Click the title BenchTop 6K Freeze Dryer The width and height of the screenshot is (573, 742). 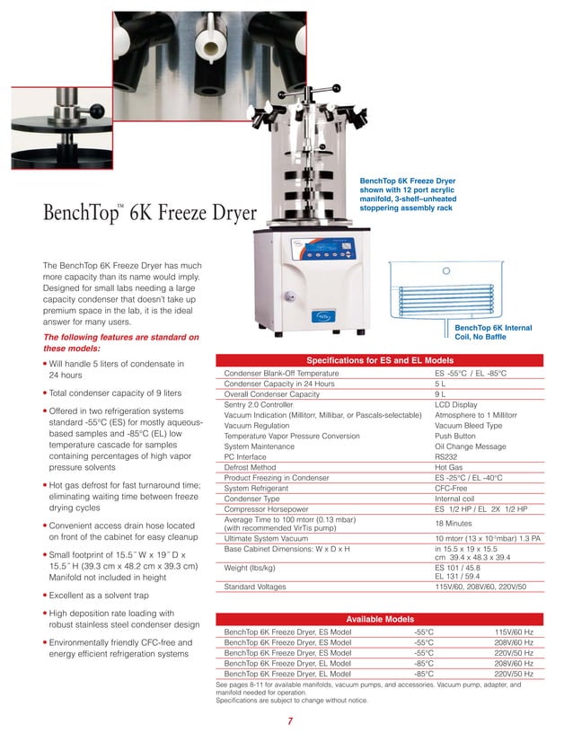point(149,216)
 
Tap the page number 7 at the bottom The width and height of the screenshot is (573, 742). point(290,721)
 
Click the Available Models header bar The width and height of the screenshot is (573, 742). point(381,619)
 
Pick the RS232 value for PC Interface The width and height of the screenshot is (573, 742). point(447,457)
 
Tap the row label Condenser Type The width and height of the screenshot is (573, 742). point(252,499)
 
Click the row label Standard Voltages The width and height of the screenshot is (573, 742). point(255,587)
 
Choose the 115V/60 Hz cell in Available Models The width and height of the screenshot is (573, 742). point(514,632)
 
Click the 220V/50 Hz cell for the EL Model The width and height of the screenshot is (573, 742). point(514,673)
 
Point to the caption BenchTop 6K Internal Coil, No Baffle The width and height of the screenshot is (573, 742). point(493,333)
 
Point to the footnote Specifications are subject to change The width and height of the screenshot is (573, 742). point(292,701)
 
